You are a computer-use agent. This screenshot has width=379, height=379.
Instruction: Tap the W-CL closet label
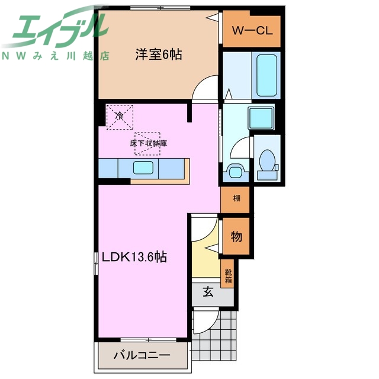tap(252, 31)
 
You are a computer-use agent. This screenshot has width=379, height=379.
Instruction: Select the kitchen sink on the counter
tap(144, 168)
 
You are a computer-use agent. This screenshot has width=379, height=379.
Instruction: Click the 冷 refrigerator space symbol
tap(120, 116)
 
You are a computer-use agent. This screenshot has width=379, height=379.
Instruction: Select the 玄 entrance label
tap(208, 291)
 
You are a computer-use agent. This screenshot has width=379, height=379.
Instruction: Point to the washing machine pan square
tap(261, 118)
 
